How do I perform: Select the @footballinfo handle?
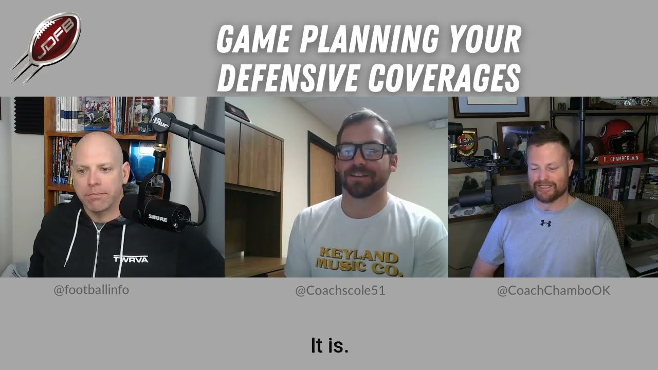coord(92,290)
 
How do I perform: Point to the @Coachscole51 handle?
coord(340,291)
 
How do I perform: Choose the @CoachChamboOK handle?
coord(553,291)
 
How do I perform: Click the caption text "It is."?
coord(330,345)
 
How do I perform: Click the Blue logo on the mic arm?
coord(160,122)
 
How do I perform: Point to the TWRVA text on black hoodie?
coord(131,258)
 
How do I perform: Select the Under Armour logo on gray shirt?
coord(545,223)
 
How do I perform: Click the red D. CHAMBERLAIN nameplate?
coord(620,159)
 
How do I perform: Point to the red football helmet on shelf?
coord(616,137)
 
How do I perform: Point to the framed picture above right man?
coord(491,106)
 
